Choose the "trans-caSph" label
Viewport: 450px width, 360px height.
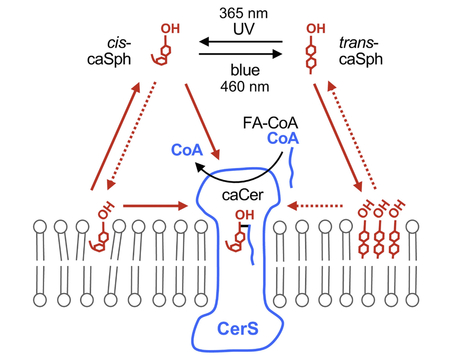click(360, 51)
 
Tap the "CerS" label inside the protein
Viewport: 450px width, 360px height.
click(238, 328)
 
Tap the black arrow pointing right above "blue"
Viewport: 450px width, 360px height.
click(241, 54)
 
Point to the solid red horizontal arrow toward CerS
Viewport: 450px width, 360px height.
click(155, 207)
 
